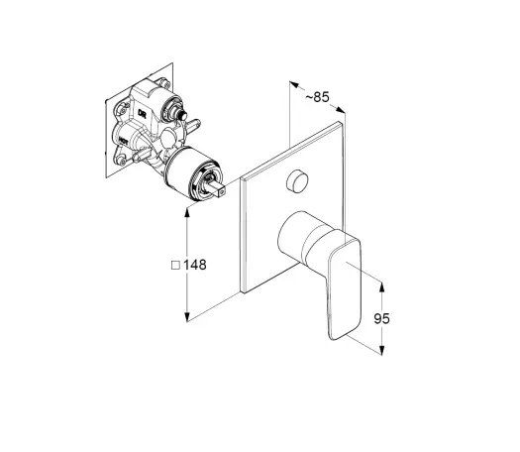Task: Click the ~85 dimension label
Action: [317, 97]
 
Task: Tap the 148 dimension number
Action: [195, 265]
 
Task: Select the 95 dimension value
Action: [381, 318]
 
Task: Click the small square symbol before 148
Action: [175, 266]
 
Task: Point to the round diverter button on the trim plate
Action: [297, 180]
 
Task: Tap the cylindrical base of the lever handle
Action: [303, 236]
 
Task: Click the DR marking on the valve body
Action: [142, 114]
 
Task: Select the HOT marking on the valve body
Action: [124, 142]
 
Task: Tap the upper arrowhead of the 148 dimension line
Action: [187, 213]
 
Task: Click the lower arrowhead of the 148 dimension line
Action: [187, 316]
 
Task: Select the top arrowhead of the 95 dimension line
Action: [381, 287]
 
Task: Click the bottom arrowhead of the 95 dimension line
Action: [381, 351]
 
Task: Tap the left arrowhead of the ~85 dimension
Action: [294, 84]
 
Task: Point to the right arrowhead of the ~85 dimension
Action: [341, 110]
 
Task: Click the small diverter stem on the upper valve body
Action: [181, 116]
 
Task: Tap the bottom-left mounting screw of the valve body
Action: [122, 162]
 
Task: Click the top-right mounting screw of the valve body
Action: [163, 82]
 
